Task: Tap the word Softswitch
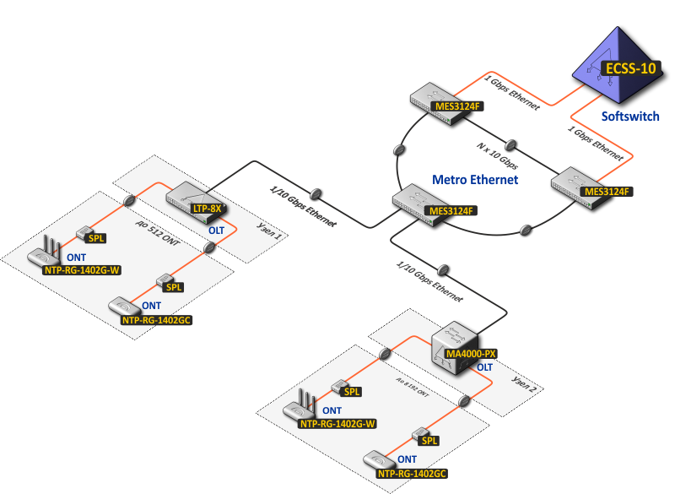tap(629, 116)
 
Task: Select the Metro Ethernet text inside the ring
tap(474, 180)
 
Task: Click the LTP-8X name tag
tap(206, 208)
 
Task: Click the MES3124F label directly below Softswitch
tap(607, 192)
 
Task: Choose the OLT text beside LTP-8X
tap(217, 230)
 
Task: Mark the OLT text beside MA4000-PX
tap(485, 367)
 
